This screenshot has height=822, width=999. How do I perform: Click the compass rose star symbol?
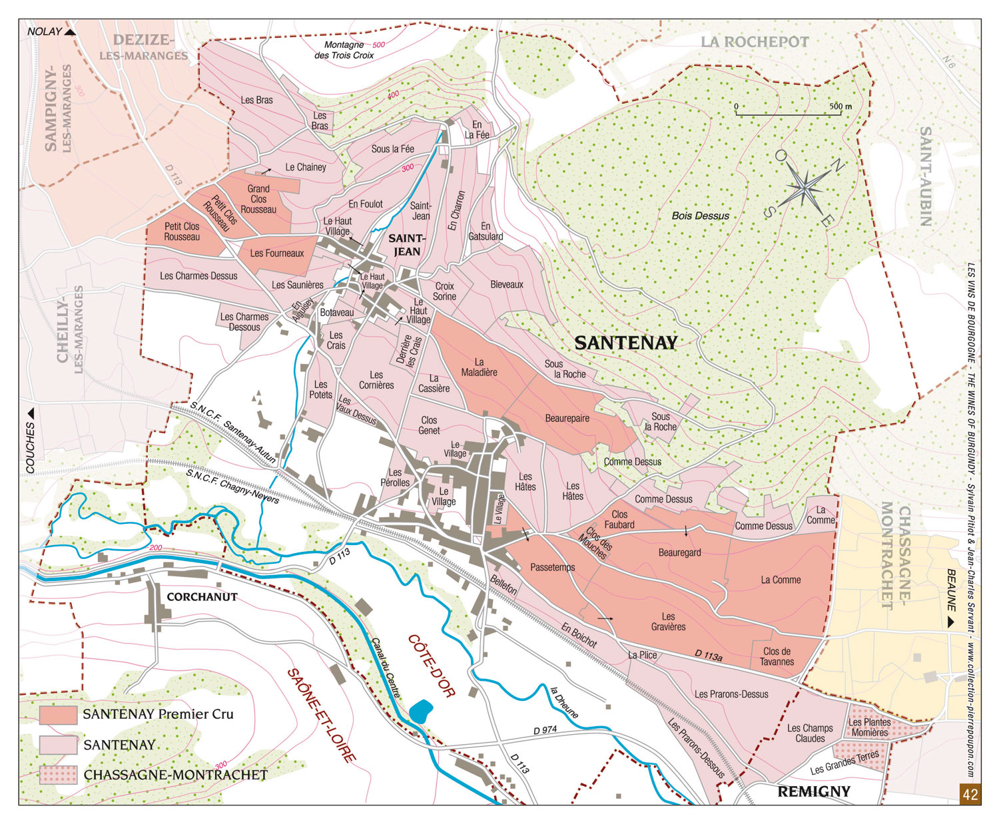coord(805,188)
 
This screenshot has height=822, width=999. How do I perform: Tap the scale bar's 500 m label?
coord(840,106)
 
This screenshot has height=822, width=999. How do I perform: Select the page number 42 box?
coord(970,794)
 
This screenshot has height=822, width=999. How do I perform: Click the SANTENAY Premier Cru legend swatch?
coord(58,714)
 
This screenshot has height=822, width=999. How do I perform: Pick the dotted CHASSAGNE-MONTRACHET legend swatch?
coord(58,775)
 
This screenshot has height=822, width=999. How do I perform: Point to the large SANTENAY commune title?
coord(625,343)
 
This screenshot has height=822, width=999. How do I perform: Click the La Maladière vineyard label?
coord(479,367)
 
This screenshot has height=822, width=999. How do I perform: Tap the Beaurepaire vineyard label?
coord(567,419)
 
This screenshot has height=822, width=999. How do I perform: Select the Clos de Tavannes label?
coord(777,656)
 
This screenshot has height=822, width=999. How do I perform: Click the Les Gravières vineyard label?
coord(668,622)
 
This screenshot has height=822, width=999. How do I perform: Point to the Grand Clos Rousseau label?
coord(258,199)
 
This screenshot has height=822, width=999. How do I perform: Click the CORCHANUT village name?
coord(202,597)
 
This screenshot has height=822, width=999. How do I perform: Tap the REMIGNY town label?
coord(814,791)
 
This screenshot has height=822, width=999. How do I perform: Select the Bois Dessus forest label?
coord(700,216)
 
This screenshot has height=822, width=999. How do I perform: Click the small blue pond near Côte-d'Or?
coord(420,711)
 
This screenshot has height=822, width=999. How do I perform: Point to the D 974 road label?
coord(545,730)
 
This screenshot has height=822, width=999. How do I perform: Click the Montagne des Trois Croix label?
coord(344,50)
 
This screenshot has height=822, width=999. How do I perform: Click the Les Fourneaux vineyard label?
coord(276,253)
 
